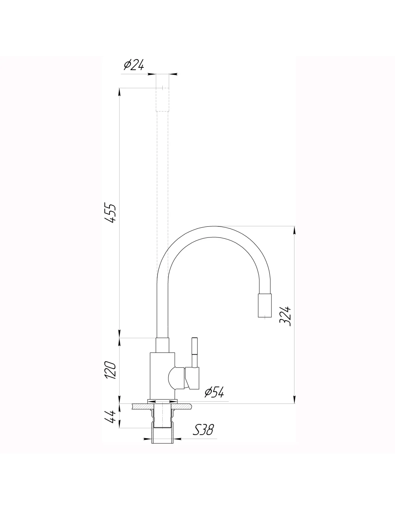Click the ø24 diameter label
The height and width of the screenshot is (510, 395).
pos(134,65)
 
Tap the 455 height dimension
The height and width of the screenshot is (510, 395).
pos(110,213)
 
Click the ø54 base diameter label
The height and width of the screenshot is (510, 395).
pos(214,392)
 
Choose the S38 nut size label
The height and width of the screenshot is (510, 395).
pos(204,430)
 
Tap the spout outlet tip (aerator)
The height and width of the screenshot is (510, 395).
pos(265,305)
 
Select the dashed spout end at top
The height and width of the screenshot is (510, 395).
pos(162,99)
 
